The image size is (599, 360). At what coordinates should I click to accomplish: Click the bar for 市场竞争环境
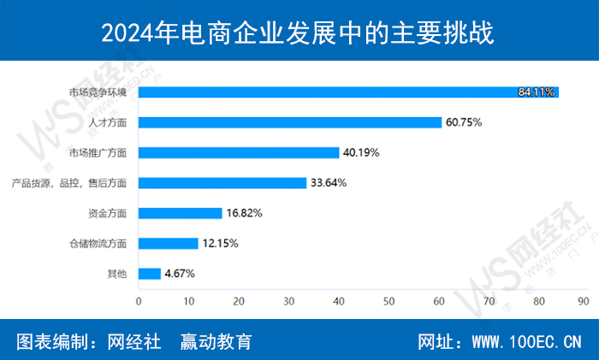tap(342, 91)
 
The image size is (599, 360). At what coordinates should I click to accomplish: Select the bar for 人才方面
tap(289, 122)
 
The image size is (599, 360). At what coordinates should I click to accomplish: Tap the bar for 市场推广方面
tap(239, 152)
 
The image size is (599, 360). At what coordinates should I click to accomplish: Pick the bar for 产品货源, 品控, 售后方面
tap(222, 182)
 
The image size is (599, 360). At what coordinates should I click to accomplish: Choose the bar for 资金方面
tap(181, 213)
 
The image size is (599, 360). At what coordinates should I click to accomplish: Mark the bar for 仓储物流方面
tap(169, 243)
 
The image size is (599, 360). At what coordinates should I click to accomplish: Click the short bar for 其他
tap(150, 274)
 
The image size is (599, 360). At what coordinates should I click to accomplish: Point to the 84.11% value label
tap(537, 91)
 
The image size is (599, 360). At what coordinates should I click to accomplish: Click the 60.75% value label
tap(463, 122)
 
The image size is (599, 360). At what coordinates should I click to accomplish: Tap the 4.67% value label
tap(179, 274)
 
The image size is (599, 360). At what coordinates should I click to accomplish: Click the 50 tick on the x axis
tap(388, 301)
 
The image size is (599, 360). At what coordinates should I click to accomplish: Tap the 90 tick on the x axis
tap(583, 301)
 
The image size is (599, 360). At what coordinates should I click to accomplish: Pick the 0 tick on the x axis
tap(139, 301)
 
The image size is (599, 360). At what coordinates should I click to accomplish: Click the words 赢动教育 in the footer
tap(216, 341)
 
